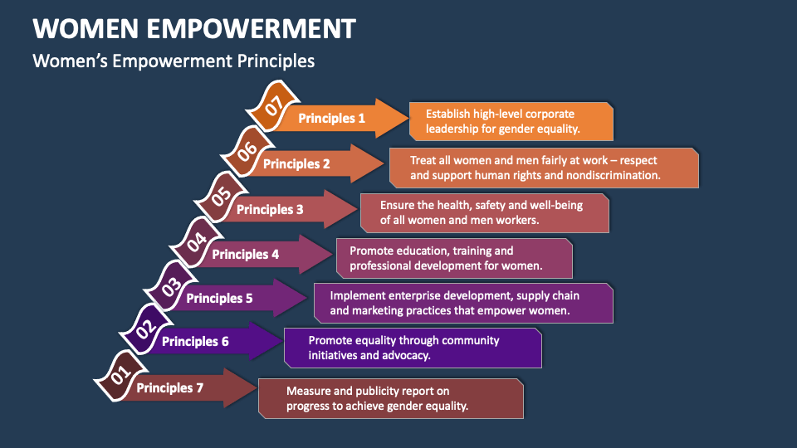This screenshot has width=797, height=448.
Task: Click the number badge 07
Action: coord(271,105)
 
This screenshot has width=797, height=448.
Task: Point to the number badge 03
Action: coord(169,287)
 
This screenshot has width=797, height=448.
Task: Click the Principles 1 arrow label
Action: coord(332,119)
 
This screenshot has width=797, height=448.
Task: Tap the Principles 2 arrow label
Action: coord(296,164)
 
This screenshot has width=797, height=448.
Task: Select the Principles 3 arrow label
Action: coord(270,210)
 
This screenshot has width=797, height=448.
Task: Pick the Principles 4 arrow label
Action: coord(245,255)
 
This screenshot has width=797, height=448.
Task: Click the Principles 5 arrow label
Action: coord(219,298)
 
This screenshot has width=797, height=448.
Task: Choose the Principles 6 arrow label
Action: coord(195,341)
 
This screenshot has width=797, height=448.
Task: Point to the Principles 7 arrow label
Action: coord(169,387)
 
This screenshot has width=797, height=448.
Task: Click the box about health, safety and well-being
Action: coord(485,213)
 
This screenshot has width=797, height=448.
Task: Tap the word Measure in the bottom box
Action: coord(310,391)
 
